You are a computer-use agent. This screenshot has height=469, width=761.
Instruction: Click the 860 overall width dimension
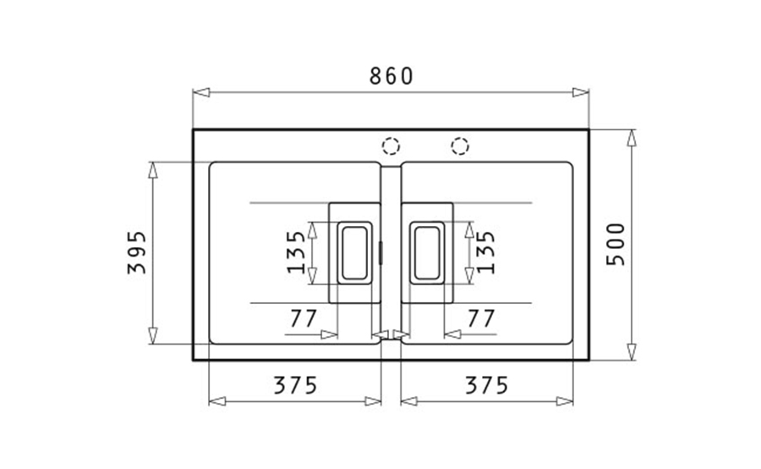click(391, 76)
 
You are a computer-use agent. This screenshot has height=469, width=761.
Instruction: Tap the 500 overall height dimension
click(616, 244)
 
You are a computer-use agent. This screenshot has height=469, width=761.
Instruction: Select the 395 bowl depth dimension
click(136, 252)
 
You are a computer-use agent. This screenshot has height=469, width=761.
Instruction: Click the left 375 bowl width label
click(295, 385)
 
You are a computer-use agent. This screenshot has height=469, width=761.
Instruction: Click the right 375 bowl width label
click(487, 385)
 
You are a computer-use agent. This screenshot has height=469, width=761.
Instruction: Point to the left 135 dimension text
click(296, 252)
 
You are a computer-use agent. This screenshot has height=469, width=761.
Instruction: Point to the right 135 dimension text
click(485, 252)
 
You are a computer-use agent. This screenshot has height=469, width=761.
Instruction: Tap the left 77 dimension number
click(304, 319)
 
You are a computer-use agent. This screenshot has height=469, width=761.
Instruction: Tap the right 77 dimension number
click(481, 319)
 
